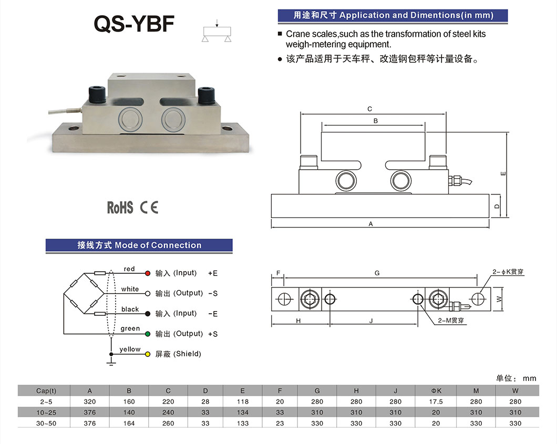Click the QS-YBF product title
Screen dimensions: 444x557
point(133,24)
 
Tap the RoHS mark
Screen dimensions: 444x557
point(120,207)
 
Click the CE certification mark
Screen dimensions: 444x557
point(149,207)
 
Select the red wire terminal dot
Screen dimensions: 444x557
point(148,273)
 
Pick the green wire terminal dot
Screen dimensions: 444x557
point(148,334)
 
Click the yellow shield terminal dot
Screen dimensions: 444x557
point(148,354)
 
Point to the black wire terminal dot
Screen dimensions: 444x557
point(148,314)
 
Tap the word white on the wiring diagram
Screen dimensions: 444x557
point(130,289)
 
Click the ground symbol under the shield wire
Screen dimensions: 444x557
point(111,362)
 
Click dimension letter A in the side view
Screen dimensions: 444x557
point(370,224)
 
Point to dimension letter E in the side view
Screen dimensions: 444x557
point(503,173)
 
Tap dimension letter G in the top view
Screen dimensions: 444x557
point(377,273)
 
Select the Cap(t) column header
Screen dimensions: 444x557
point(46,390)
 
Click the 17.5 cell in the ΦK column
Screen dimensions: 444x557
point(436,401)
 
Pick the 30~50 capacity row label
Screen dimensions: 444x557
point(46,423)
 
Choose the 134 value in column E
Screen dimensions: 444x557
point(242,412)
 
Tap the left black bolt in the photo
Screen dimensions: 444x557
point(98,95)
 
